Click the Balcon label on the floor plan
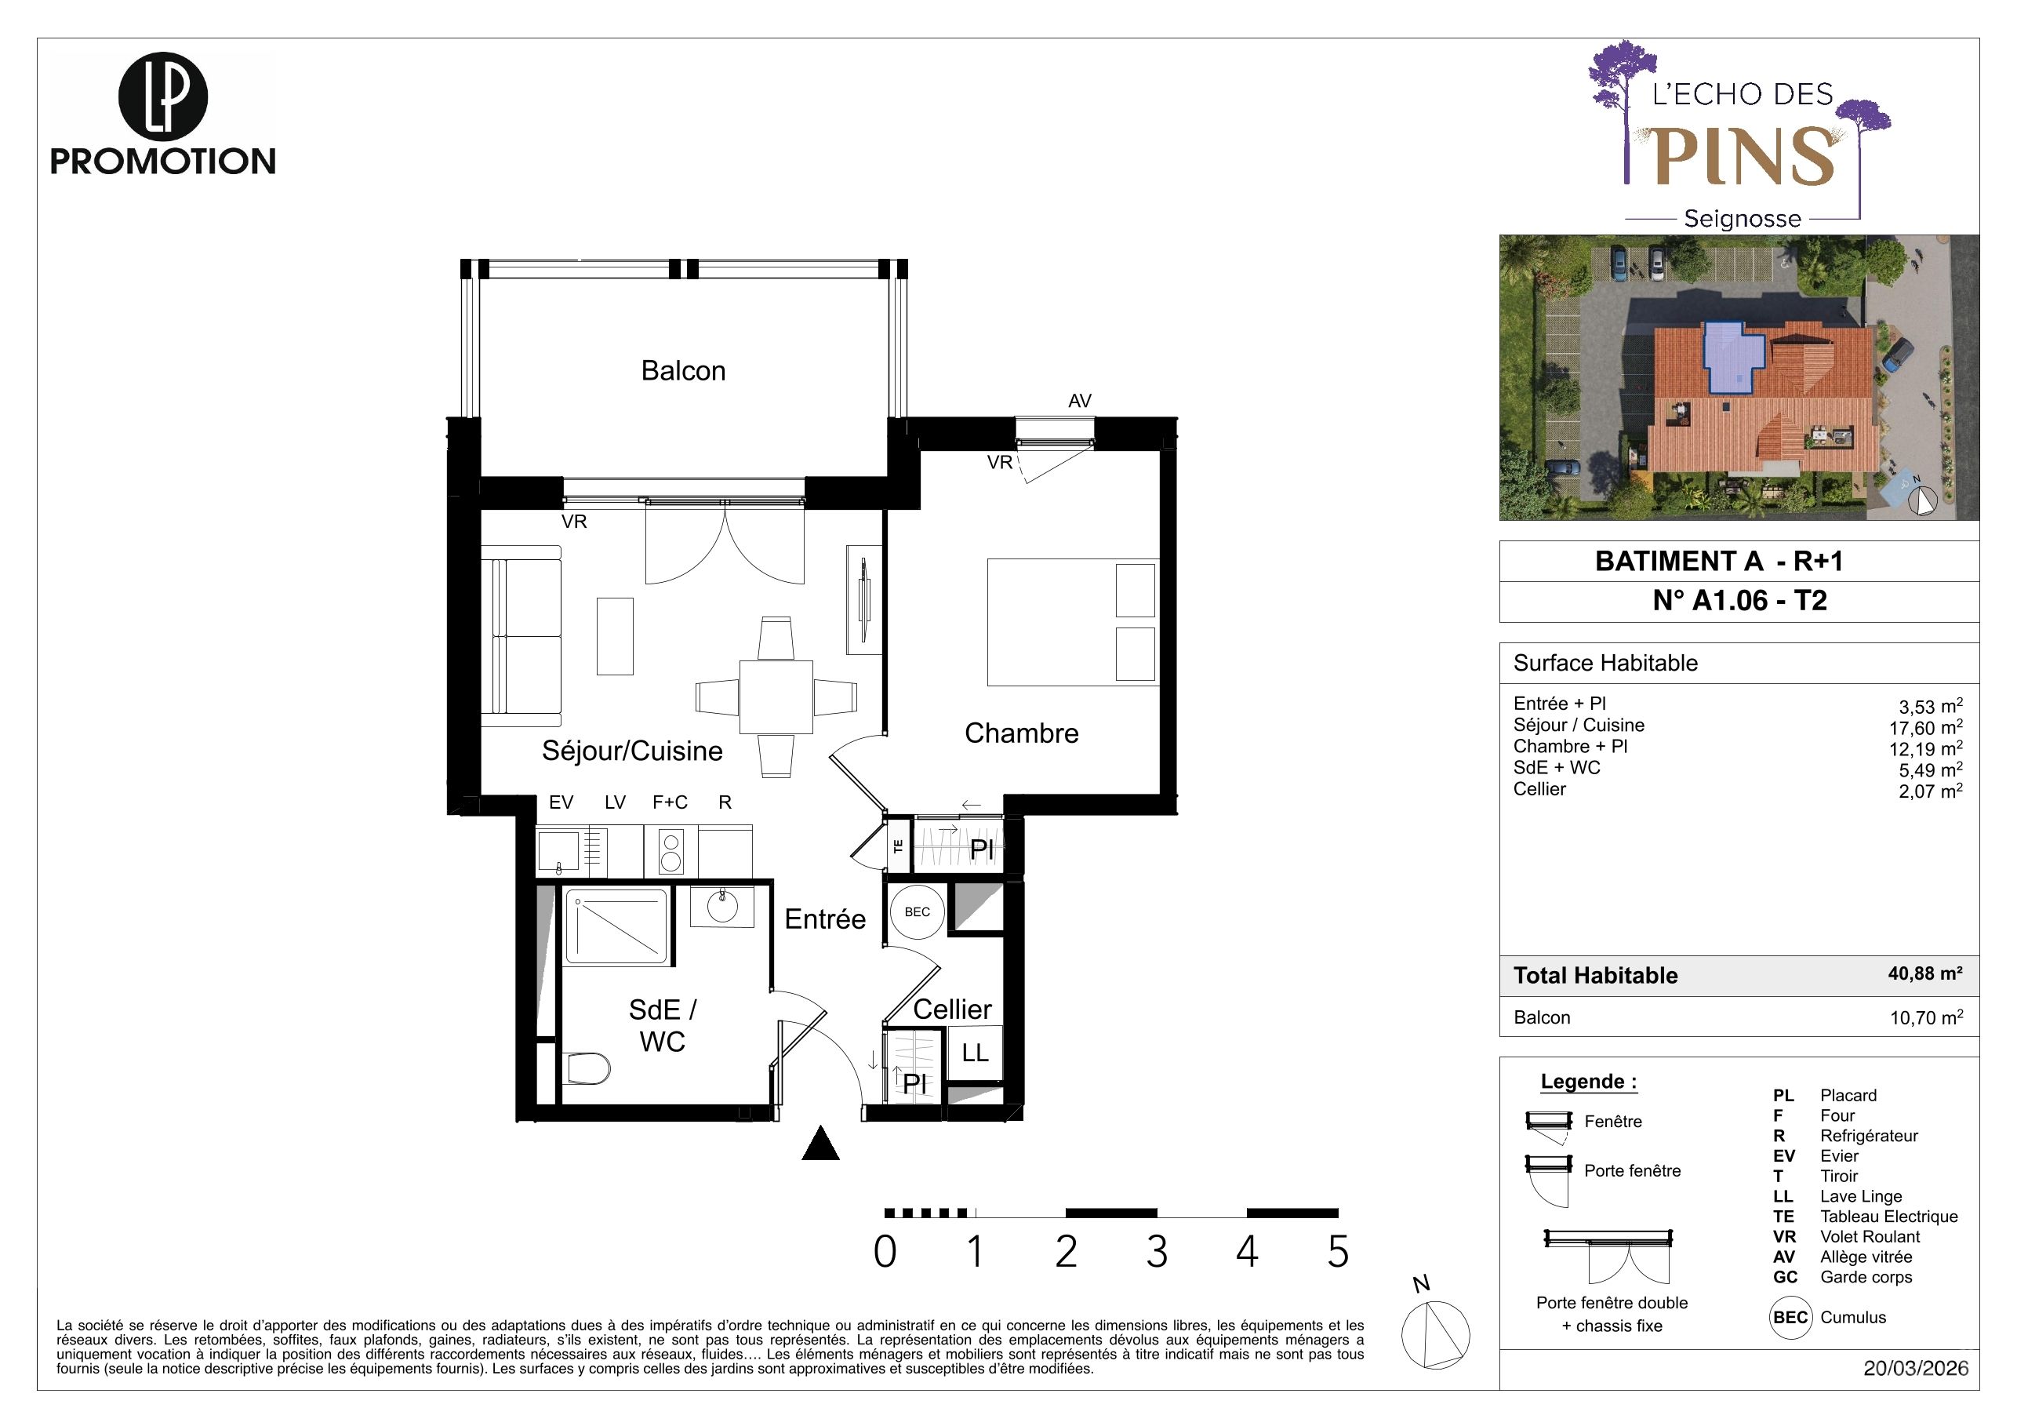(x=684, y=371)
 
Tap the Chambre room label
(x=1021, y=733)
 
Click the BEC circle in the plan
(x=917, y=912)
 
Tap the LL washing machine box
(x=975, y=1053)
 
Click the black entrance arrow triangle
(x=820, y=1143)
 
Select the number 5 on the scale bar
(x=1337, y=1252)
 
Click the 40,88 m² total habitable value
(x=1924, y=973)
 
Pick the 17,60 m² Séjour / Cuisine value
(x=1925, y=727)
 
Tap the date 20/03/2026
(x=1916, y=1369)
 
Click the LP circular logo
(x=162, y=96)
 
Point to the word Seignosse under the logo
(x=1742, y=219)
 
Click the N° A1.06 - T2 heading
(x=1739, y=601)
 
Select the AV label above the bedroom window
(x=1080, y=402)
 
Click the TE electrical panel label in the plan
(x=898, y=846)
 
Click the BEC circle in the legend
(x=1790, y=1318)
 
